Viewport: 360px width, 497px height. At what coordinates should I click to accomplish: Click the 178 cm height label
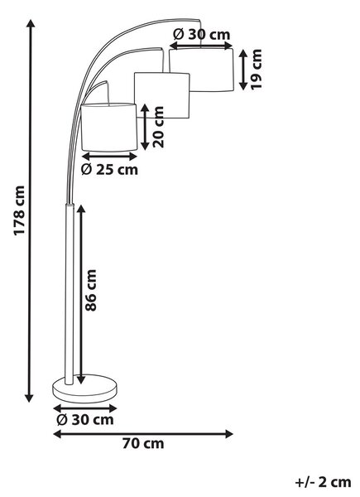pyautogui.click(x=19, y=210)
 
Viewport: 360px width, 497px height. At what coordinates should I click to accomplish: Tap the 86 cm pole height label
pyautogui.click(x=91, y=291)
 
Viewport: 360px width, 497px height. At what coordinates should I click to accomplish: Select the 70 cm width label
pyautogui.click(x=143, y=443)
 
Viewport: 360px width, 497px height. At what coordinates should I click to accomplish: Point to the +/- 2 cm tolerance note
pyautogui.click(x=323, y=482)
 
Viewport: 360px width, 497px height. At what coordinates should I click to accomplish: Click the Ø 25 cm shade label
pyautogui.click(x=109, y=170)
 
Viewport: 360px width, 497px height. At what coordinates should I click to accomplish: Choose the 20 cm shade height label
pyautogui.click(x=158, y=127)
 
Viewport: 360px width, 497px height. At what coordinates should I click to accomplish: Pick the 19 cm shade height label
pyautogui.click(x=257, y=70)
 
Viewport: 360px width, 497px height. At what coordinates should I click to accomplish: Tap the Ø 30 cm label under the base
pyautogui.click(x=85, y=420)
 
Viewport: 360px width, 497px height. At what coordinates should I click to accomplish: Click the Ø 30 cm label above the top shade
pyautogui.click(x=202, y=34)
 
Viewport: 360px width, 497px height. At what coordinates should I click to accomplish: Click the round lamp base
pyautogui.click(x=84, y=389)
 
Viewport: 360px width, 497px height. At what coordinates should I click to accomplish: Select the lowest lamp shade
pyautogui.click(x=109, y=127)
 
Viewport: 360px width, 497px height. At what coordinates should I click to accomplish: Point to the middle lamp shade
pyautogui.click(x=162, y=95)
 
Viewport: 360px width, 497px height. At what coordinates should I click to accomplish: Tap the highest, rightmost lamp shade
pyautogui.click(x=202, y=70)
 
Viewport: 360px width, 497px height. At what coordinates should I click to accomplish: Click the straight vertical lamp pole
pyautogui.click(x=70, y=294)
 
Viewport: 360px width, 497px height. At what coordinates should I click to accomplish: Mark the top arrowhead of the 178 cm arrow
pyautogui.click(x=31, y=24)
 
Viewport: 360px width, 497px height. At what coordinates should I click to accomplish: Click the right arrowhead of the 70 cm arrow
pyautogui.click(x=228, y=433)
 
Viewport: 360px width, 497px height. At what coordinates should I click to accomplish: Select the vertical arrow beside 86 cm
pyautogui.click(x=81, y=294)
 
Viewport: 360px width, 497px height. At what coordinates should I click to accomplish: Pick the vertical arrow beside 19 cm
pyautogui.click(x=242, y=70)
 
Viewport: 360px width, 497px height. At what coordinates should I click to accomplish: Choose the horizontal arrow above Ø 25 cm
pyautogui.click(x=109, y=157)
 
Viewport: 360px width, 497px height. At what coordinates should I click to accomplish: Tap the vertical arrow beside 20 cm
pyautogui.click(x=145, y=127)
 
